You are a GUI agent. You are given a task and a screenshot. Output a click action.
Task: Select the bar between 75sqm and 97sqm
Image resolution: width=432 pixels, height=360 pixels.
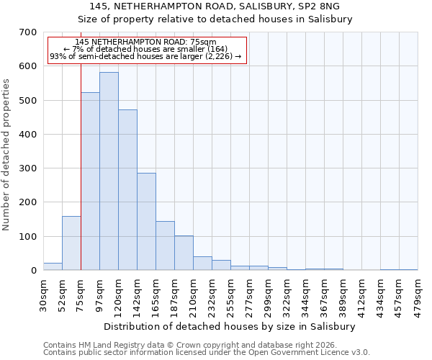90,181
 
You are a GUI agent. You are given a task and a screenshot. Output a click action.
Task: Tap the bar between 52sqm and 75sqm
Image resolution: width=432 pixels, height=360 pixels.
71,243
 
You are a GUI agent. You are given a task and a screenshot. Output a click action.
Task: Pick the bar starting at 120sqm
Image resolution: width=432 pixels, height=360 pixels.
127,190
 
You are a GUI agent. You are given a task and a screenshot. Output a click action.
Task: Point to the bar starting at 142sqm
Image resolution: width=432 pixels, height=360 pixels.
146,222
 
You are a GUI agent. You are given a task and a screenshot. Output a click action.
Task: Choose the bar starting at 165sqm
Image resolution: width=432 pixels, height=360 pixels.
165,246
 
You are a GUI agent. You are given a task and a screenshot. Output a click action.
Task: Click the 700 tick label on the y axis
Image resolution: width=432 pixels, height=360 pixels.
28,32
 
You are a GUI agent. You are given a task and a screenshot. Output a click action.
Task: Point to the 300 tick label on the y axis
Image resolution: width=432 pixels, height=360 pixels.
28,168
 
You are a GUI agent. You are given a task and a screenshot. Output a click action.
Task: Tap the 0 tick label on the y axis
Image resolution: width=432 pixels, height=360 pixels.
33,271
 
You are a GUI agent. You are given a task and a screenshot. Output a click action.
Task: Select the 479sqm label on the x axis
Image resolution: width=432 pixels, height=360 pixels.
418,295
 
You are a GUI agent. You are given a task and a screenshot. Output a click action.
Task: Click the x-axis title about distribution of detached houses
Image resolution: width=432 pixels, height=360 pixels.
230,326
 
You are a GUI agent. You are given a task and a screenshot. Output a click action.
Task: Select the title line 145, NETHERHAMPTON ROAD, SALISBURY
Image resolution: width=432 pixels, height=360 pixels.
215,6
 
